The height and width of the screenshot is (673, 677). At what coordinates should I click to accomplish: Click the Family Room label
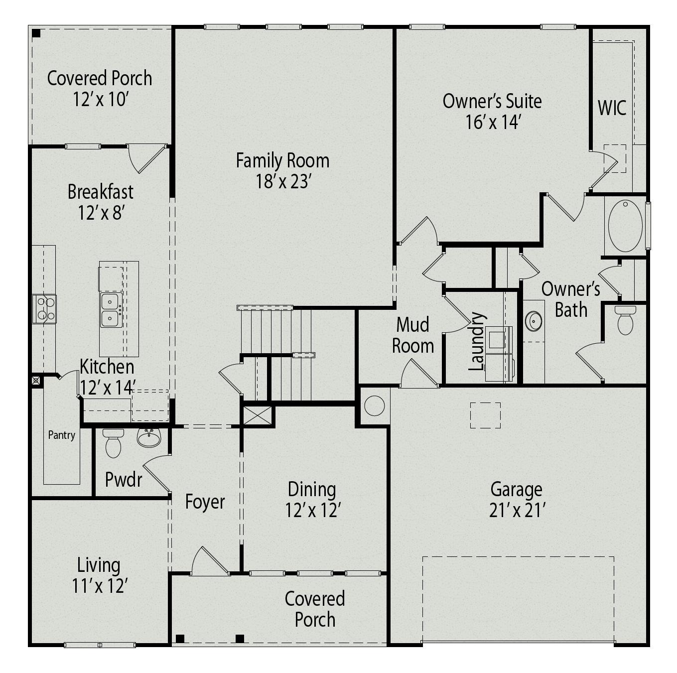point(282,161)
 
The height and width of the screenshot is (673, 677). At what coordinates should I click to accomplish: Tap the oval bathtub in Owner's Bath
point(625,226)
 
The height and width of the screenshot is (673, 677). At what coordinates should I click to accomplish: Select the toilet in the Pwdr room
point(113,443)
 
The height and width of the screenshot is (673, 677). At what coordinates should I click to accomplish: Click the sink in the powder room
point(149,438)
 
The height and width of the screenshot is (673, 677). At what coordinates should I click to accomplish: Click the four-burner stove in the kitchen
point(44,309)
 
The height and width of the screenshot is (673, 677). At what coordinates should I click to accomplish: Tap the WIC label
point(612,108)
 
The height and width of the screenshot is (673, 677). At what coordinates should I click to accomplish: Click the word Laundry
point(477,342)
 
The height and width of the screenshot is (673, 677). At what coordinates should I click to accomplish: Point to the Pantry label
point(62,435)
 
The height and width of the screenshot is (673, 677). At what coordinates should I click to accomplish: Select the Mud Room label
point(412,335)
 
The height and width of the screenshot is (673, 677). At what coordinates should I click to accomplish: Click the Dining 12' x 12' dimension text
point(313,511)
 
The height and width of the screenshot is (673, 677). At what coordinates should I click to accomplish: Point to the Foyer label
point(205,502)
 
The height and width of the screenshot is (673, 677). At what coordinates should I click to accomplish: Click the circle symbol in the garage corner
point(375,405)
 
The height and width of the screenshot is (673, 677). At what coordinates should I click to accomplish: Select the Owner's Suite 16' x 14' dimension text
point(493,122)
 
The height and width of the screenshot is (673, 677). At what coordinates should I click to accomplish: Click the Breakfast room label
point(101,192)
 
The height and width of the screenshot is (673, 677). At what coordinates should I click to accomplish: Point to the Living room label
point(99,565)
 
